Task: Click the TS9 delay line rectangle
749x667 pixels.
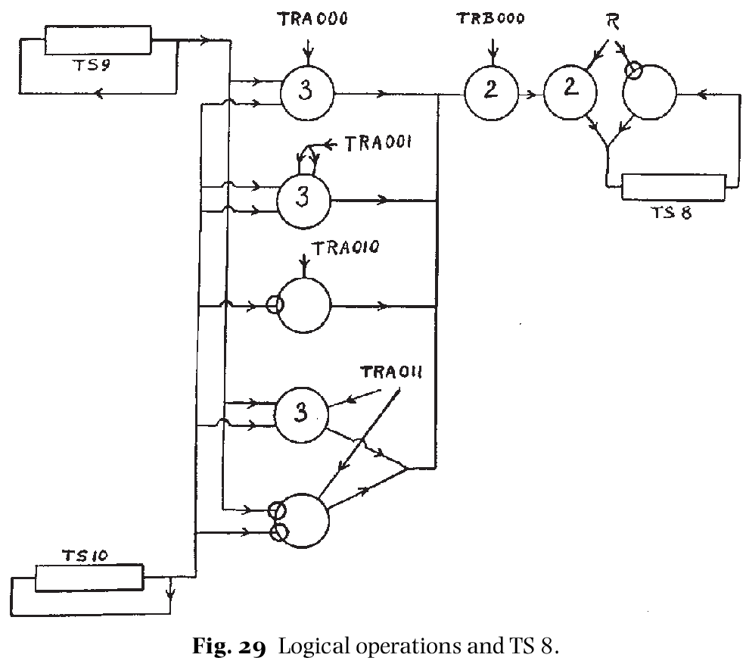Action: (x=98, y=39)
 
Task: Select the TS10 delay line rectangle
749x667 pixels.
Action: (x=89, y=578)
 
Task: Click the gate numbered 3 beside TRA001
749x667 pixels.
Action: (x=303, y=199)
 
